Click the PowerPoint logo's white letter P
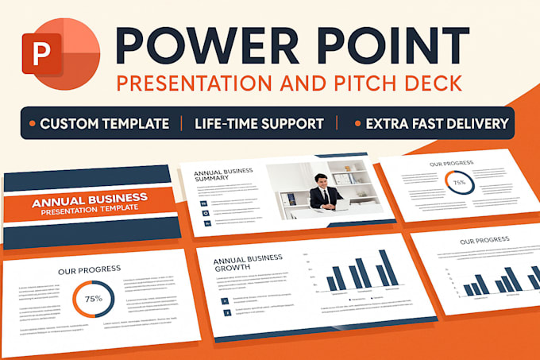pyautogui.click(x=39, y=50)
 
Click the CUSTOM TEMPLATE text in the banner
pyautogui.click(x=104, y=123)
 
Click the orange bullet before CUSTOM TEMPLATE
pyautogui.click(x=31, y=124)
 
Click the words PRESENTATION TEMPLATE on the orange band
pyautogui.click(x=90, y=208)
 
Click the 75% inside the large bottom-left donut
pyautogui.click(x=93, y=299)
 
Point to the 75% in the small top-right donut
pyautogui.click(x=459, y=182)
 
